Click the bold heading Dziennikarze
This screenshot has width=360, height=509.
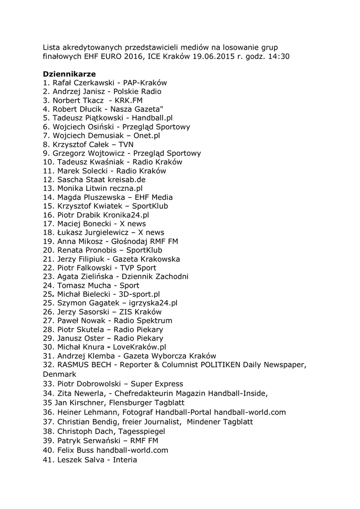click(69, 74)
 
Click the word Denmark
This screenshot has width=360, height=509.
click(60, 374)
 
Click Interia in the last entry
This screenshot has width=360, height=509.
click(125, 459)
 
